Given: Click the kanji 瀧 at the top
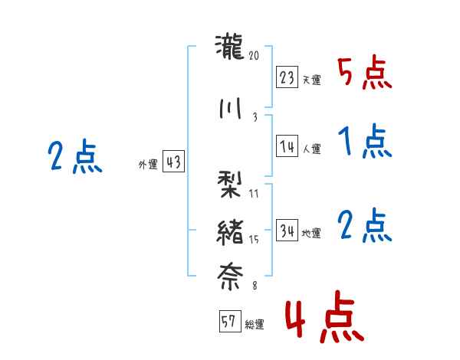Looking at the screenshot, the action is point(230,47).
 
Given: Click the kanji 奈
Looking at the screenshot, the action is point(230,276).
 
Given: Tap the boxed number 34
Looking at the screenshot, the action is point(287,231).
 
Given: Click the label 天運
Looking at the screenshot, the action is point(311,80).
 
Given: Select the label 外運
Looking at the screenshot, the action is point(148,164).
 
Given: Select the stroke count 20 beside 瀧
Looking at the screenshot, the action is point(255,56).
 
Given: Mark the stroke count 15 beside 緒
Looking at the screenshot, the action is point(255,240).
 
